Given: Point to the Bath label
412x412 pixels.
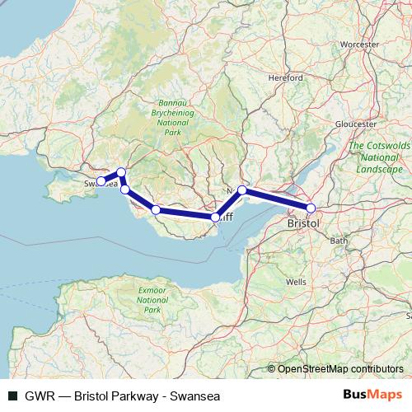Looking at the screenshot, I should (x=338, y=241).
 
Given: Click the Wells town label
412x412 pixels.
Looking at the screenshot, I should (x=296, y=281).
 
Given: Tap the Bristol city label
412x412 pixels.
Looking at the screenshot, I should (x=302, y=223).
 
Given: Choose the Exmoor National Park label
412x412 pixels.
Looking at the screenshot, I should (x=152, y=300).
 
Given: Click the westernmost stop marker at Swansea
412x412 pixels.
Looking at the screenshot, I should (x=101, y=181).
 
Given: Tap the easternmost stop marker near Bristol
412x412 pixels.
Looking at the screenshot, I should (x=311, y=208).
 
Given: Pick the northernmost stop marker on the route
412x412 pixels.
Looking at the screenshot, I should (x=121, y=172).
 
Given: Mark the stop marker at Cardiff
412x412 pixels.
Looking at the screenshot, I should (x=215, y=218).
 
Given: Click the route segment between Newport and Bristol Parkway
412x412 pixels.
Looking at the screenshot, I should (x=276, y=199).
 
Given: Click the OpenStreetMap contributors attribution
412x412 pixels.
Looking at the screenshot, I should (x=340, y=368).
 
